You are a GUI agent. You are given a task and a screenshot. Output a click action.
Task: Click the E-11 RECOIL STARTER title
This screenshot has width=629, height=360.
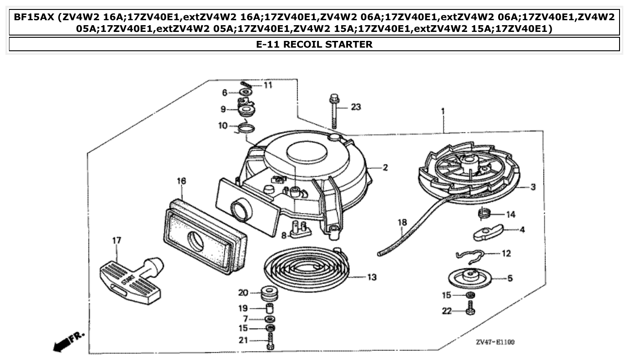point(314,44)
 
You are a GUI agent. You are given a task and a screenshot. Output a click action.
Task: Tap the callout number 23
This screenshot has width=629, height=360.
point(356,107)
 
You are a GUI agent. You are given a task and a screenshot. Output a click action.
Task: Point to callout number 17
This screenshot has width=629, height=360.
point(116,241)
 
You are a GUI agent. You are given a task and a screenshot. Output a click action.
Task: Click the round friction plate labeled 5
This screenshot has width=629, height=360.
point(470,277)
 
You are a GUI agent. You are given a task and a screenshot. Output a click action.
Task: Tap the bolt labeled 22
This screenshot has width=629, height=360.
point(470,309)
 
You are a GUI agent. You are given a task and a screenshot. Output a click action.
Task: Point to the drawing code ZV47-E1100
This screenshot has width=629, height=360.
point(495,342)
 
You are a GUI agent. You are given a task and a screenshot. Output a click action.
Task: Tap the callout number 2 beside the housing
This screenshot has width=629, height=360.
point(385,168)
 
